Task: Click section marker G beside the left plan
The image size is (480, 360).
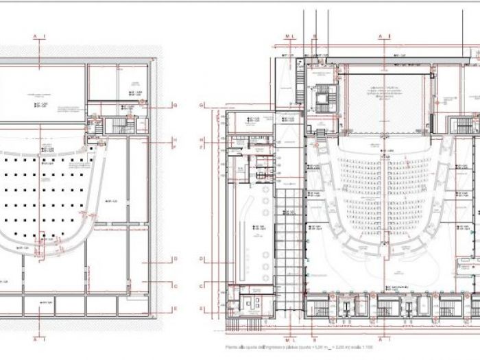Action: click(176, 105)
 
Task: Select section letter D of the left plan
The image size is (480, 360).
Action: click(176, 259)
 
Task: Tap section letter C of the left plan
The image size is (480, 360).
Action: click(176, 287)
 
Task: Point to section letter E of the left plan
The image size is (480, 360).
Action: click(176, 309)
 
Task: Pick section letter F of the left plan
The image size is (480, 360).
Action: click(176, 147)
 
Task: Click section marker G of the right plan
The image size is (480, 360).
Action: click(202, 105)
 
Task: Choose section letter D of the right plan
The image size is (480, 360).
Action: click(202, 259)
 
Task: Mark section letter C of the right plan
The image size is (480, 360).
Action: click(202, 286)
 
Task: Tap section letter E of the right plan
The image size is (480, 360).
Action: click(202, 309)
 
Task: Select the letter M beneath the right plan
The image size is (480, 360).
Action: click(287, 339)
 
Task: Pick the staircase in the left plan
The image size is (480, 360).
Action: click(121, 125)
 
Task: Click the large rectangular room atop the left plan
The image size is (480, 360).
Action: click(43, 93)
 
